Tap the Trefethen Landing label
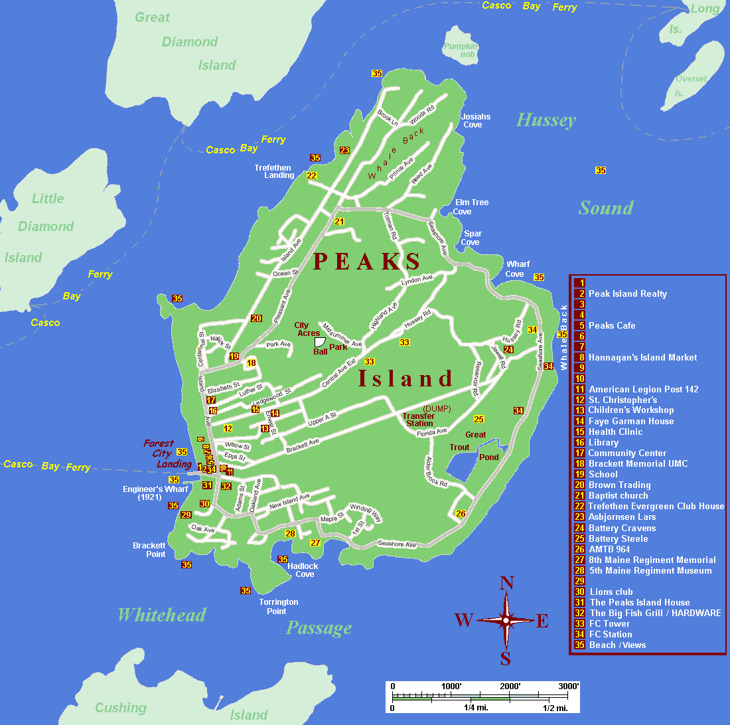pos(274,171)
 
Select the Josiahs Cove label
pos(475,121)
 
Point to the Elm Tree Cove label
pos(471,207)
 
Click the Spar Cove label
pos(473,238)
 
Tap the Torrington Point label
pos(278,606)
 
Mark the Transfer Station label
pos(419,420)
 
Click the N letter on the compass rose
pos(506,583)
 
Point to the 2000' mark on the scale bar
pos(510,686)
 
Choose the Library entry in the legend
pos(603,442)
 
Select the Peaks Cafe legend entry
pos(611,325)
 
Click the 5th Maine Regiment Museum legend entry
pos(650,570)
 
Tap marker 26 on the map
pos(461,513)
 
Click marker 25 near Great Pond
pos(478,419)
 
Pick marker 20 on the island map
pos(256,318)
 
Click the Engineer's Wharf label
pos(155,493)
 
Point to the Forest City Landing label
pos(168,453)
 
